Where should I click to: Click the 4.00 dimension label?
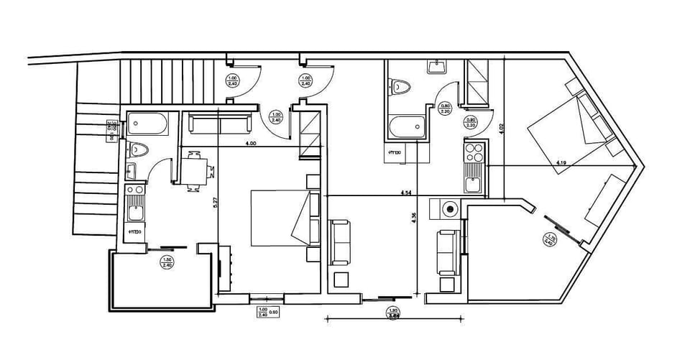coord(251,144)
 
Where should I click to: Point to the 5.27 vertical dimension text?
coord(215,204)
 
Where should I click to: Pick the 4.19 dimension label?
coord(563,164)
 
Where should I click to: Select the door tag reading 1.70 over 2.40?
coord(551,240)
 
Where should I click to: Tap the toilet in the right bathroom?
coord(401,88)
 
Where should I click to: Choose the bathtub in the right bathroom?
coord(407,128)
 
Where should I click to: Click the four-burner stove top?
coord(474,152)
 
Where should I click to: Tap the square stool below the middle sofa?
coord(341,279)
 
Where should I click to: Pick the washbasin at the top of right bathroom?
coord(436,68)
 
